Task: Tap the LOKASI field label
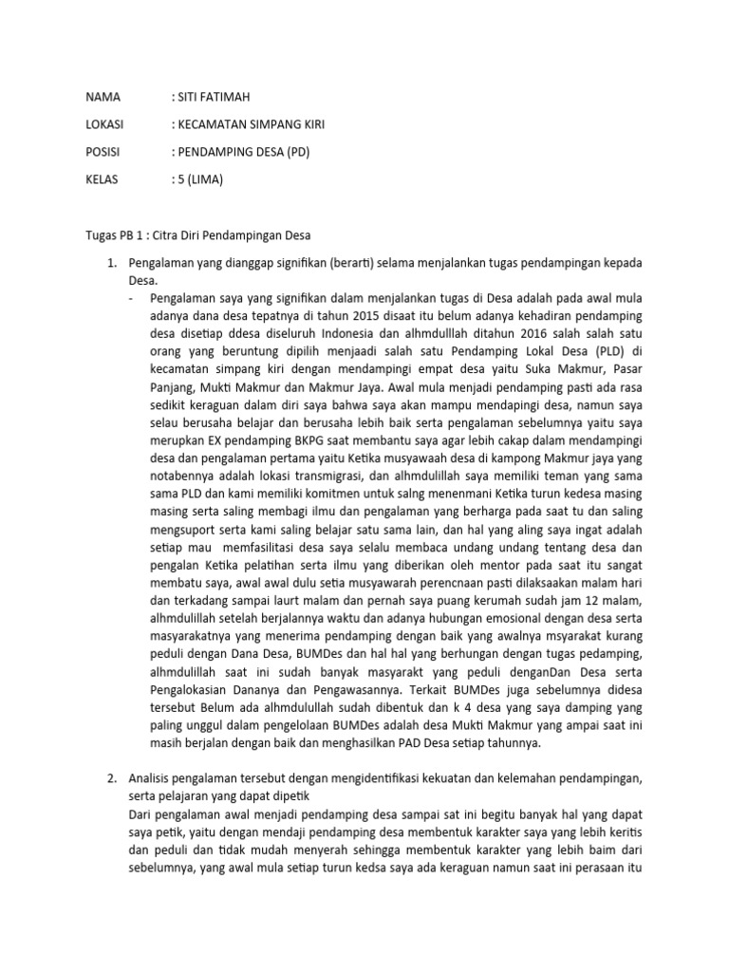(x=105, y=123)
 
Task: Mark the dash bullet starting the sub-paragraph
(x=131, y=297)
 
